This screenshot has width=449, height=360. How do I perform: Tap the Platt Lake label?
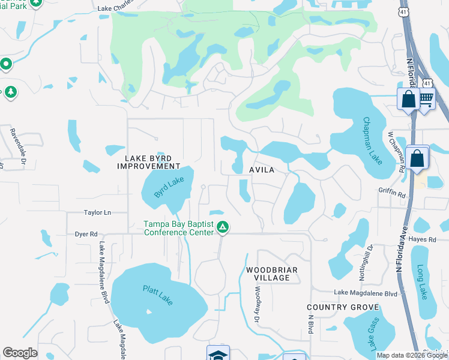pyautogui.click(x=158, y=295)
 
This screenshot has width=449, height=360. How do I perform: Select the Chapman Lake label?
pyautogui.click(x=373, y=140)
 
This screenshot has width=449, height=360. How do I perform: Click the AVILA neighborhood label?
pyautogui.click(x=262, y=170)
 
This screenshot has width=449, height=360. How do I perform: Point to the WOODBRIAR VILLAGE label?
pyautogui.click(x=272, y=274)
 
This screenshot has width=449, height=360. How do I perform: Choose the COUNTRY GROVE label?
pyautogui.click(x=343, y=307)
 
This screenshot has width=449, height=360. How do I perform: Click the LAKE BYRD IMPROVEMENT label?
pyautogui.click(x=152, y=161)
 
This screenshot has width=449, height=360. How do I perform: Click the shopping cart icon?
pyautogui.click(x=426, y=98)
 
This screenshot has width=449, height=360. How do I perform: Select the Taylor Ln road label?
pyautogui.click(x=98, y=212)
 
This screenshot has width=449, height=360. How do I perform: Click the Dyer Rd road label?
pyautogui.click(x=86, y=234)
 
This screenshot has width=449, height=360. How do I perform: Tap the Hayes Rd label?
pyautogui.click(x=422, y=239)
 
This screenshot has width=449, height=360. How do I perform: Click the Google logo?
pyautogui.click(x=20, y=353)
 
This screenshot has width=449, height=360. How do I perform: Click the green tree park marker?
pyautogui.click(x=10, y=92)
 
